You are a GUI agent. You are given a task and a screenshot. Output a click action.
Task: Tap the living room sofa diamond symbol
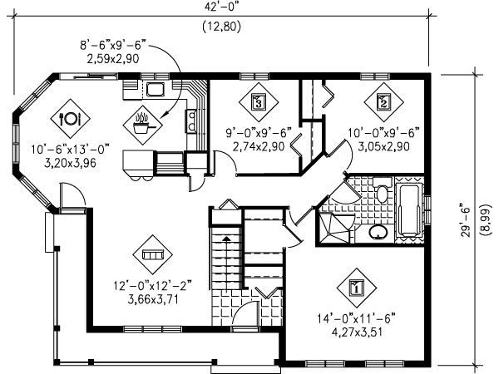(152, 253)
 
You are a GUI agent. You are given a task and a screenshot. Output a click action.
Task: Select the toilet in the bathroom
(381, 194)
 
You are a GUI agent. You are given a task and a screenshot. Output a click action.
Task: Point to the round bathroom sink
(378, 232)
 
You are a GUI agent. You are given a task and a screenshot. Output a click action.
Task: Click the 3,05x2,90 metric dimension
(383, 145)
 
